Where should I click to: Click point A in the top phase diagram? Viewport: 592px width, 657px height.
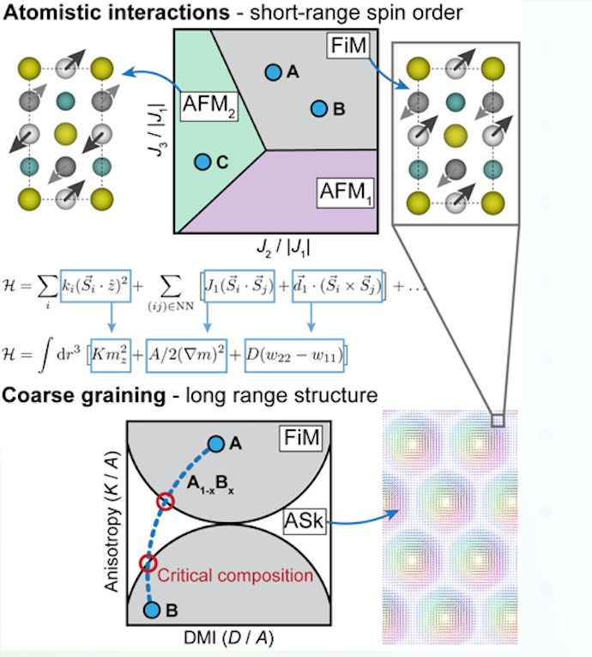tap(273, 73)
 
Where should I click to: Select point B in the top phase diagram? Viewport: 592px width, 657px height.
tap(319, 109)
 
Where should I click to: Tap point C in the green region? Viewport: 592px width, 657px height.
tap(202, 161)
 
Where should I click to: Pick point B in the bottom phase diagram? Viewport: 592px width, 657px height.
tap(151, 610)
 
